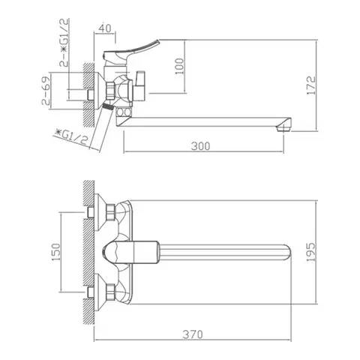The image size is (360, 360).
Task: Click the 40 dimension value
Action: (105, 28)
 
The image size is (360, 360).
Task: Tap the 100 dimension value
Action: (179, 66)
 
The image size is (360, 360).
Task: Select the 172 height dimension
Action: (311, 85)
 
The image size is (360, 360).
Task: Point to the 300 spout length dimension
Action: (200, 146)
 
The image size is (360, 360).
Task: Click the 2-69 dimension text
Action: (46, 90)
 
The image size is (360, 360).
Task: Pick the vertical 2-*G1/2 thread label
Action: (64, 43)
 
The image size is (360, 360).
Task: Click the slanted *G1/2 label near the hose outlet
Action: (71, 137)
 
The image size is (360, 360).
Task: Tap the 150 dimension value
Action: (56, 252)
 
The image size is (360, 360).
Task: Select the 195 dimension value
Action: (311, 252)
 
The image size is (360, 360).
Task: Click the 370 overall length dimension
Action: (193, 334)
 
